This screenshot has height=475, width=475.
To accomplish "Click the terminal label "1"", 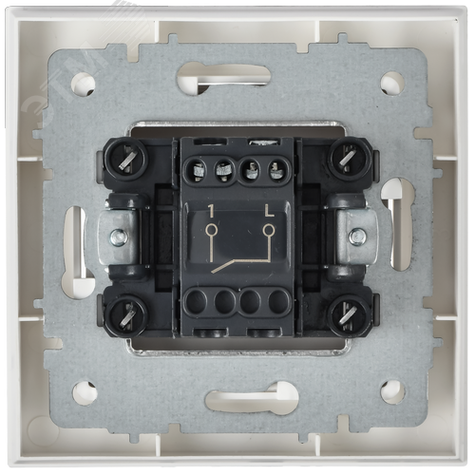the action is coord(211,211).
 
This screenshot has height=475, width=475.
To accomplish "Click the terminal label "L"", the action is coord(269,211).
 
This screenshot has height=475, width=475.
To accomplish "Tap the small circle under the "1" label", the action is coord(211,230).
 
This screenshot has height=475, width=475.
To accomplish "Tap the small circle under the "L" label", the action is coord(269,230).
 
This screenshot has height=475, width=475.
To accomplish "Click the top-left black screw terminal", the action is coord(126,159).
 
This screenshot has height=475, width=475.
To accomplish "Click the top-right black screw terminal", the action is coord(350,159).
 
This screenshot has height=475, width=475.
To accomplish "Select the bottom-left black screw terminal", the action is coord(126,315).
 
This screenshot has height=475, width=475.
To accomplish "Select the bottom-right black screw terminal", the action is coord(350,315).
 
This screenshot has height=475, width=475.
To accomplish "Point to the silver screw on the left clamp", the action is coord(120,237).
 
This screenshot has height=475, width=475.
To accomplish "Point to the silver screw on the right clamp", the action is coord(357,236).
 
